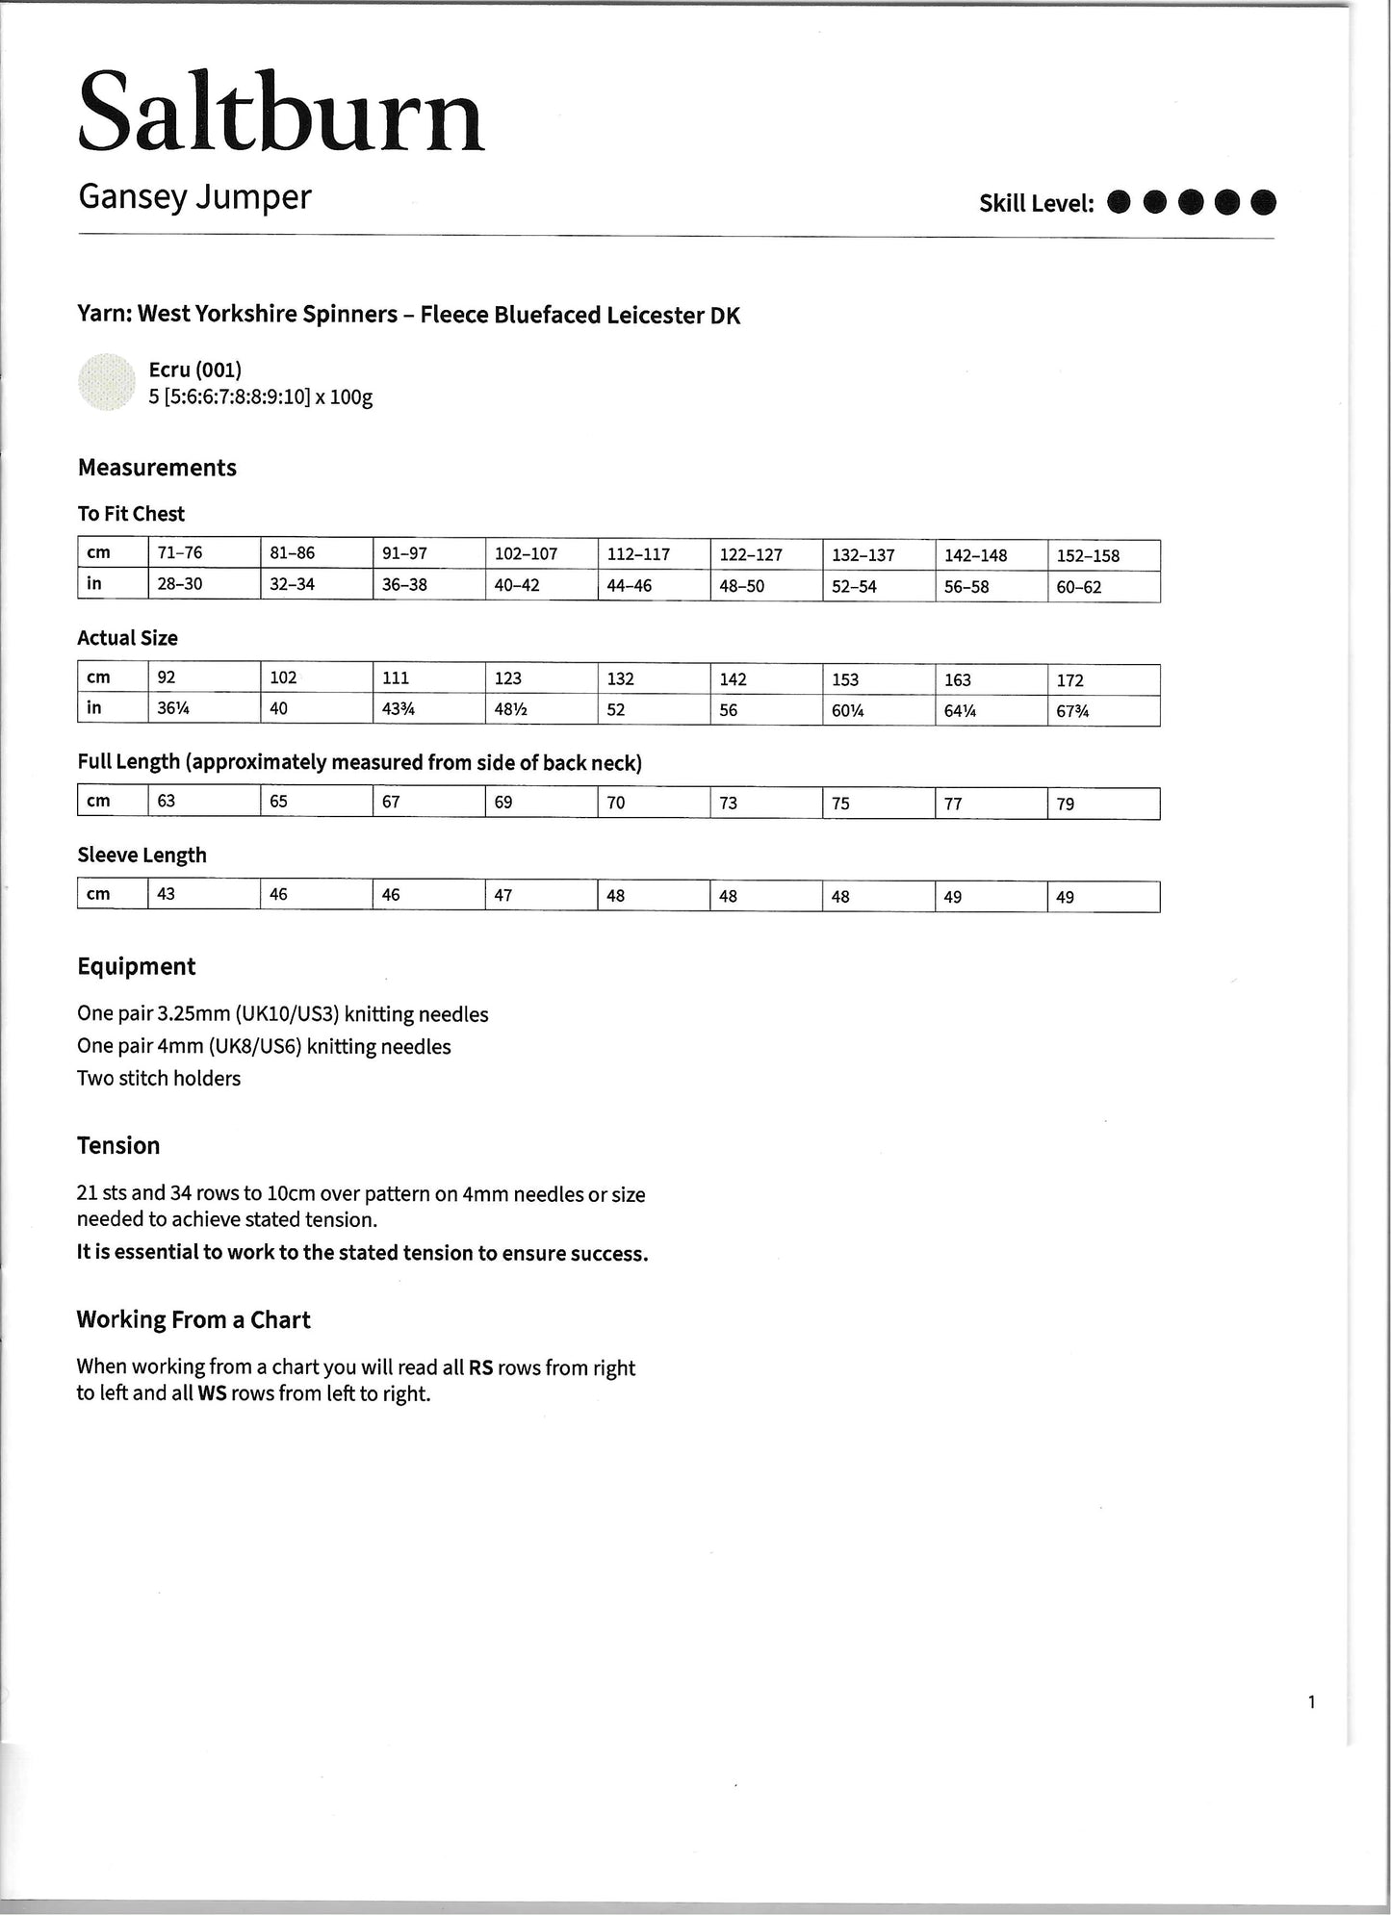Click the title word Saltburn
[280, 114]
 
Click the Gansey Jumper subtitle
[194, 197]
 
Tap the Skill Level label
[1036, 204]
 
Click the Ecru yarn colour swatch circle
[106, 383]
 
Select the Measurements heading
[157, 468]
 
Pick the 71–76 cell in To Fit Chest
[180, 553]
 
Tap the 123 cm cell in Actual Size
[507, 678]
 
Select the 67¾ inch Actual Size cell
[1072, 711]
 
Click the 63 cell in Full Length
[167, 801]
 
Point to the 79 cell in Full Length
[1065, 804]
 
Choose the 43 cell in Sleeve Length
[167, 894]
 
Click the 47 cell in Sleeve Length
[502, 895]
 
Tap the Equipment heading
[136, 967]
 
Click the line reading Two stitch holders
[159, 1079]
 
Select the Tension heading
[118, 1146]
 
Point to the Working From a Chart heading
[193, 1319]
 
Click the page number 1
[1311, 1702]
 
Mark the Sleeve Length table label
[142, 855]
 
